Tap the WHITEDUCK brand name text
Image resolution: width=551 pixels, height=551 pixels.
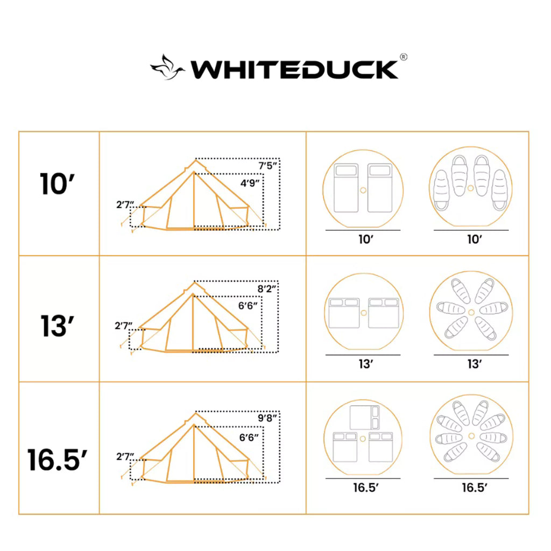[x=294, y=70]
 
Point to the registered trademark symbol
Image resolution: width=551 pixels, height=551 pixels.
[x=403, y=56]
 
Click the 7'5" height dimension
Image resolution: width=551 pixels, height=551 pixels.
[x=267, y=166]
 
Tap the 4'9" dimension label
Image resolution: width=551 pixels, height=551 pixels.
[x=250, y=183]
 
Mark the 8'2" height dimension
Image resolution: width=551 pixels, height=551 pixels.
[x=267, y=288]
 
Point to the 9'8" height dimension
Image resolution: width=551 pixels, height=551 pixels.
[x=267, y=418]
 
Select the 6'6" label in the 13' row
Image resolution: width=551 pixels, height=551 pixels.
[x=248, y=306]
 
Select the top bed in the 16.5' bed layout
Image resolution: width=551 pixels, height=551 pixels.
[x=365, y=417]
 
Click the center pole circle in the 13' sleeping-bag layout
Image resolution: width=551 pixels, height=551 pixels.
[x=471, y=313]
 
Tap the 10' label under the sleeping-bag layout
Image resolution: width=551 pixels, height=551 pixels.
[x=474, y=239]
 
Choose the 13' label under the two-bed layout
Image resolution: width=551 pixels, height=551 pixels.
[x=366, y=364]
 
